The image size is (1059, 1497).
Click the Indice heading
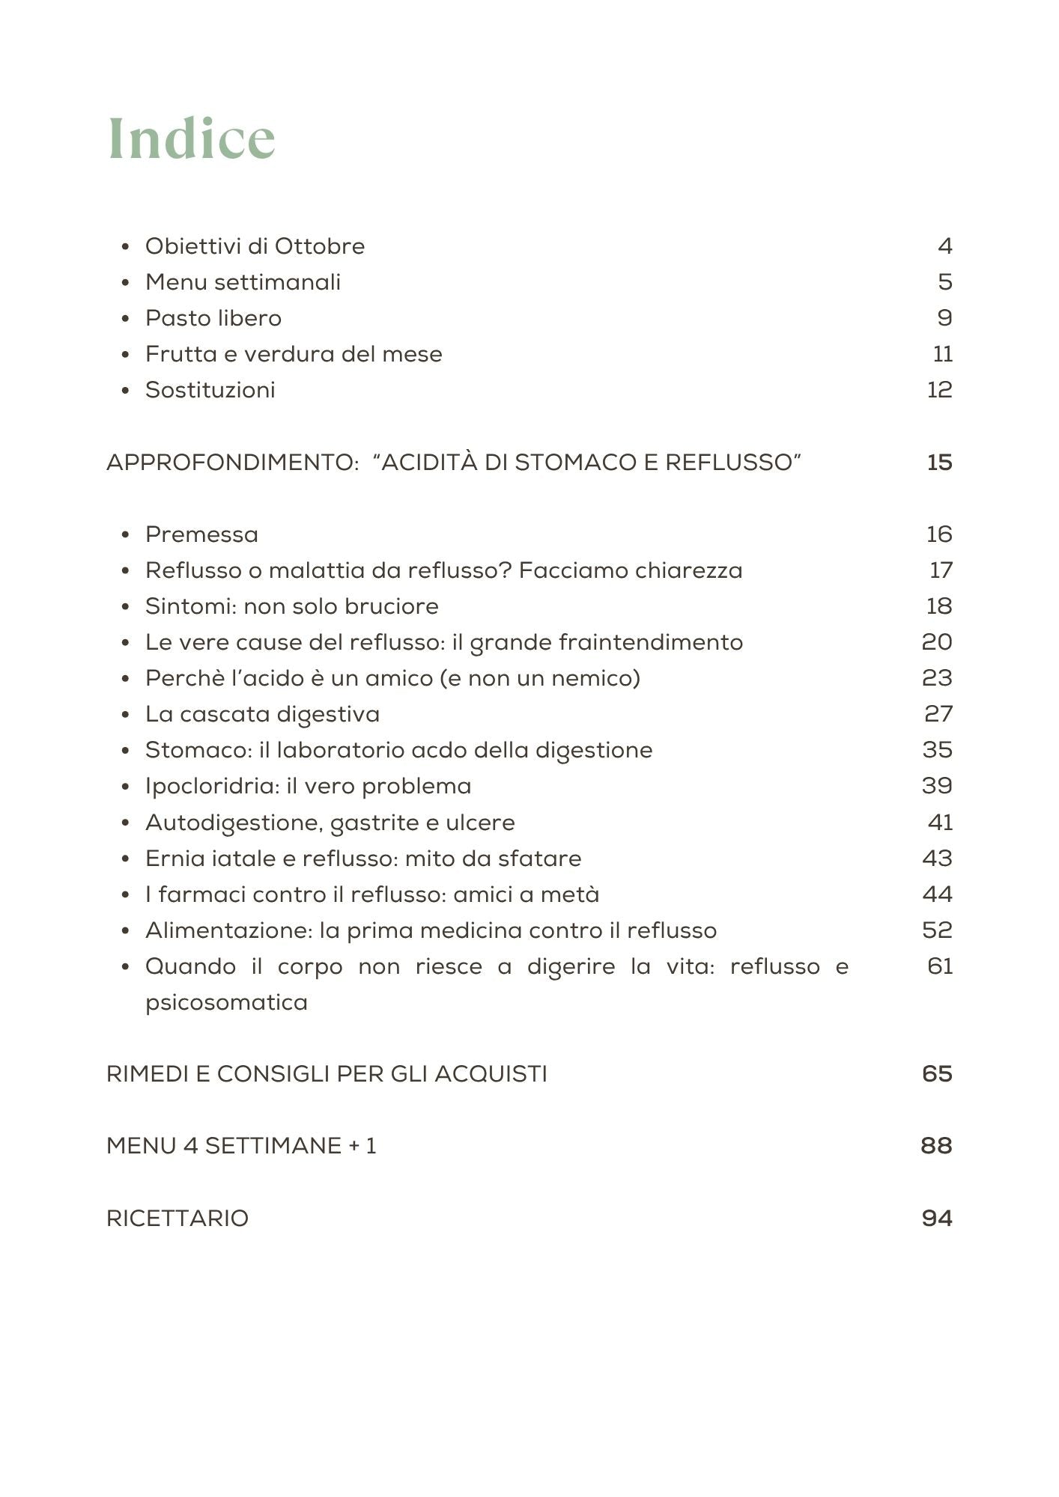192,139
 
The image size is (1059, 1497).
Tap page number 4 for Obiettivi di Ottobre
944,246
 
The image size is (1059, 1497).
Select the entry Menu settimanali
243,282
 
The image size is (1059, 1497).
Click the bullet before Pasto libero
126,319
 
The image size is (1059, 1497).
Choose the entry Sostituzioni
210,390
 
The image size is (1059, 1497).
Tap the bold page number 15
939,463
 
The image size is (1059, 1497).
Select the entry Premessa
201,534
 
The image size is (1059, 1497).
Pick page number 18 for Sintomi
939,606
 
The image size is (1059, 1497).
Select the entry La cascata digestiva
262,714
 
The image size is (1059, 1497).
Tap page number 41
940,823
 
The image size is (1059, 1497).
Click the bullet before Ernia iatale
126,859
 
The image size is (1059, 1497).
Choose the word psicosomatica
226,1002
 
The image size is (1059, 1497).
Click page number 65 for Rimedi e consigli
937,1074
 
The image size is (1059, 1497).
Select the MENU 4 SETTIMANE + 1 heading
241,1146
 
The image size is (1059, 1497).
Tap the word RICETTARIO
177,1219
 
